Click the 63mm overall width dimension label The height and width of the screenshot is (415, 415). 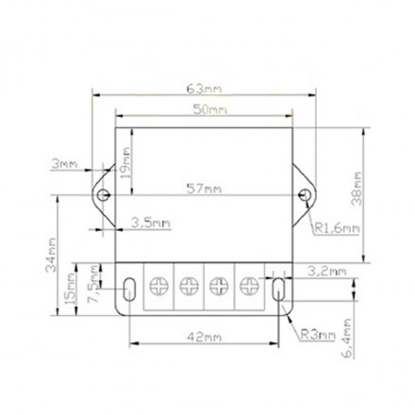tap(205, 89)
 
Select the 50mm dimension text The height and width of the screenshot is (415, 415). tap(208, 110)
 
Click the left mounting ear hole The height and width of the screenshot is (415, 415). tap(105, 195)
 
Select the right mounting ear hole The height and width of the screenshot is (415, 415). tap(305, 195)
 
